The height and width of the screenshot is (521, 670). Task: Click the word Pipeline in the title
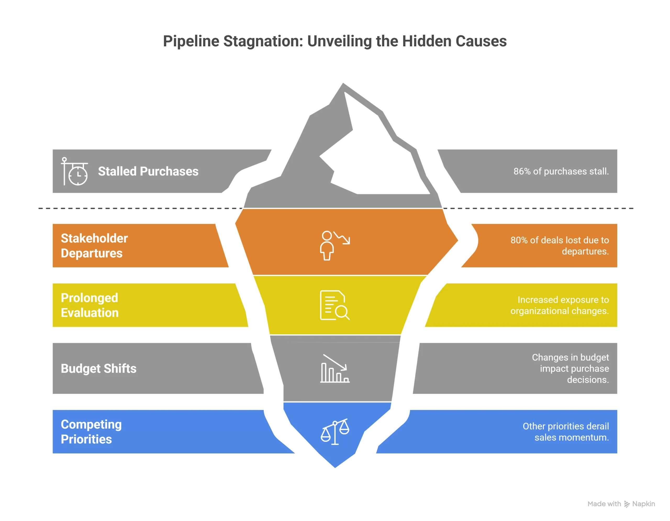pyautogui.click(x=191, y=41)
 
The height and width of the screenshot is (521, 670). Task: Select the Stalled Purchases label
pyautogui.click(x=148, y=171)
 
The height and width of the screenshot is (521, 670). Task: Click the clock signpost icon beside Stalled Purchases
pyautogui.click(x=75, y=171)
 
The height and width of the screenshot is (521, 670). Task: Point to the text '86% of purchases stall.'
pyautogui.click(x=561, y=171)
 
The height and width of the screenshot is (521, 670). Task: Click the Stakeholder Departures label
pyautogui.click(x=94, y=246)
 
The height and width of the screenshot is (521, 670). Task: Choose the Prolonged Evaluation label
pyautogui.click(x=90, y=305)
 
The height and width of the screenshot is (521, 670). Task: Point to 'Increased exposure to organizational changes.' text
pyautogui.click(x=560, y=305)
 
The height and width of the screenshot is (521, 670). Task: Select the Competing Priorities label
pyautogui.click(x=91, y=432)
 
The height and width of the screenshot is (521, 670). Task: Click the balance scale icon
pyautogui.click(x=335, y=432)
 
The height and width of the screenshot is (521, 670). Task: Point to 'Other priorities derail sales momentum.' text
pyautogui.click(x=566, y=432)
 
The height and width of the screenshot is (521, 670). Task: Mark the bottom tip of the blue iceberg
pyautogui.click(x=335, y=468)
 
